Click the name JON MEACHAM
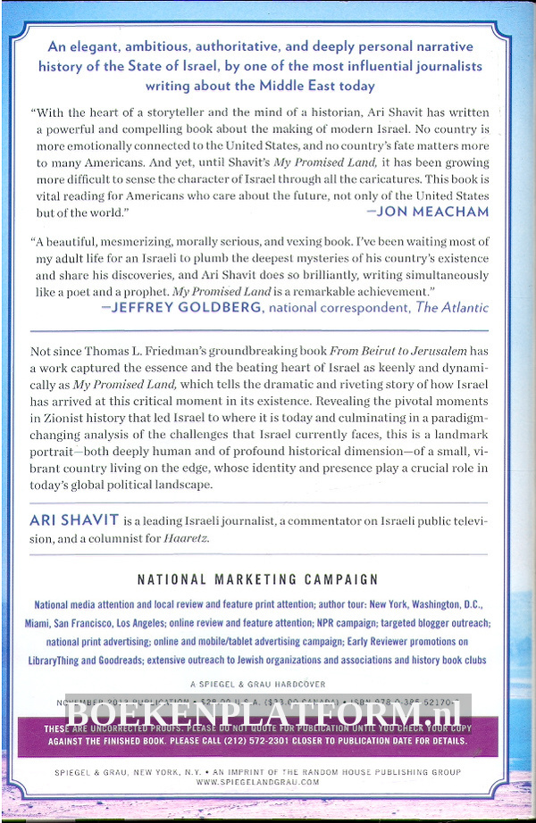[433, 212]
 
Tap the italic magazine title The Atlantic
[453, 308]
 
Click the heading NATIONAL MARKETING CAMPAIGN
[258, 580]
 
